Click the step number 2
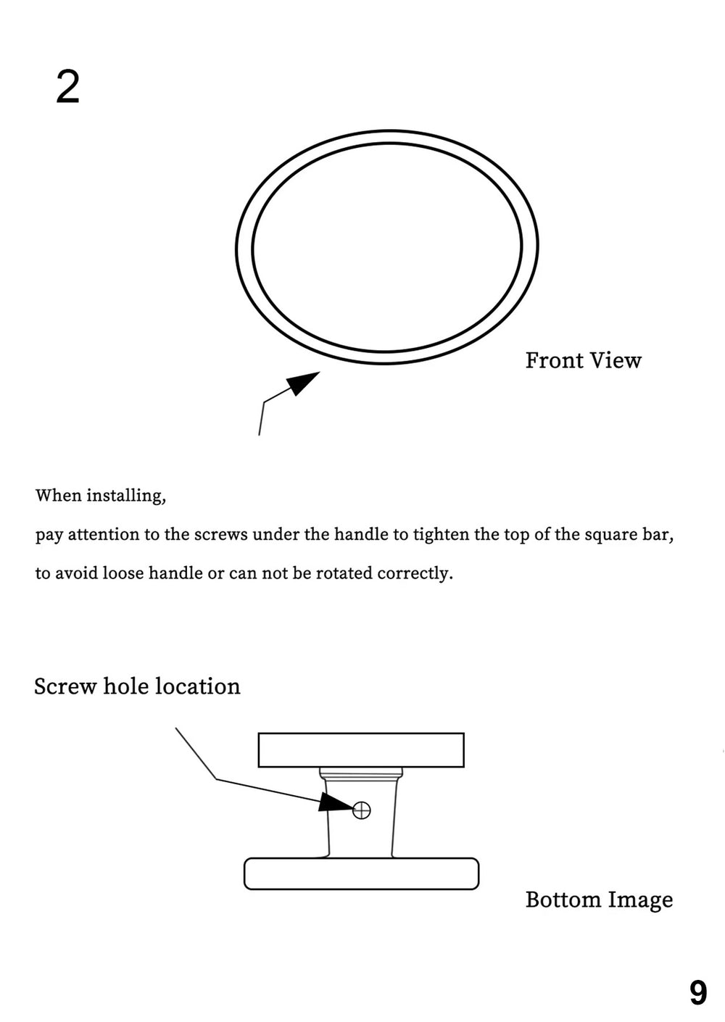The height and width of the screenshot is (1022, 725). (67, 88)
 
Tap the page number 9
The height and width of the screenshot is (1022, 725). (697, 992)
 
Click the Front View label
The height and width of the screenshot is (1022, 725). (583, 360)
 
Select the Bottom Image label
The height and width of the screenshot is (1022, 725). (599, 900)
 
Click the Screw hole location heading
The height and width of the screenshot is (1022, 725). (137, 686)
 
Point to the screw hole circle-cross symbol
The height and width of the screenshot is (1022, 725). (361, 810)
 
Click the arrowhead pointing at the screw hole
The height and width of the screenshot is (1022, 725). (336, 802)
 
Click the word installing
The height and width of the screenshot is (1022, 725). (125, 496)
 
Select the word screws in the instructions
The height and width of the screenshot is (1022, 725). (220, 535)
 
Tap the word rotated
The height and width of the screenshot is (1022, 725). (344, 573)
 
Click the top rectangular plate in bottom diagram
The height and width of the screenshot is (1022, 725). (361, 749)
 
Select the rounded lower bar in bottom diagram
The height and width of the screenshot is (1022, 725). (361, 873)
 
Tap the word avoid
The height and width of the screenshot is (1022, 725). (76, 573)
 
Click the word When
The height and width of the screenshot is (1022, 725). (58, 496)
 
